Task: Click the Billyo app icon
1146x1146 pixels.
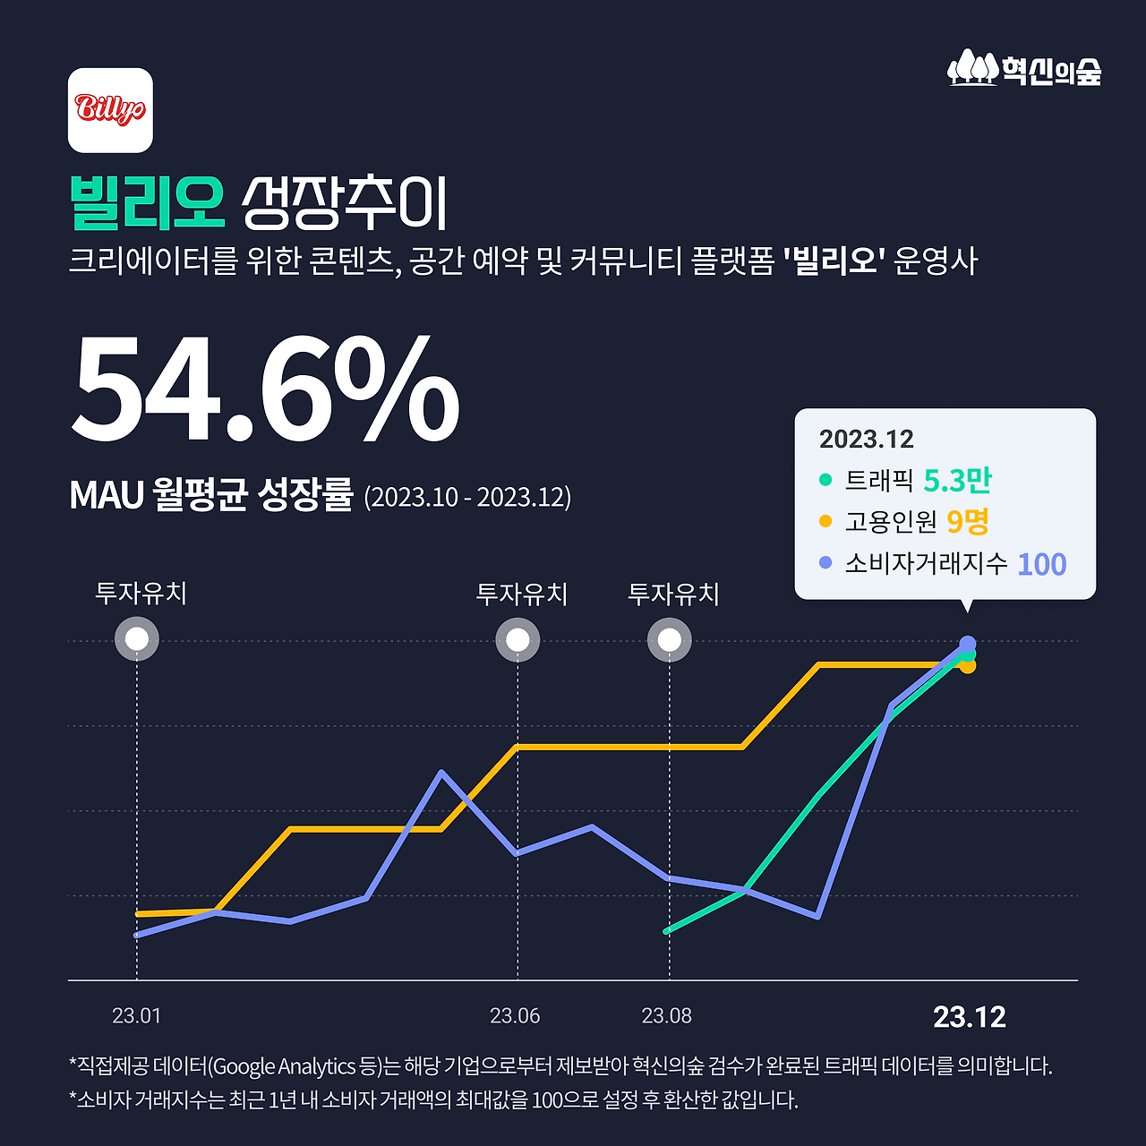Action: click(x=110, y=110)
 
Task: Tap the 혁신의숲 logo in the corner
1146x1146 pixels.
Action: click(x=1024, y=70)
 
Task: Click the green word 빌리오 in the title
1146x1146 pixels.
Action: click(x=147, y=203)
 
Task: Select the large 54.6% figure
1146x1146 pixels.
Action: click(x=265, y=389)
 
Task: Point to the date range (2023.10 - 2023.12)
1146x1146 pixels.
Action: click(x=467, y=497)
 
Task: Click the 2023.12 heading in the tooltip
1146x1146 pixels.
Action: click(x=866, y=440)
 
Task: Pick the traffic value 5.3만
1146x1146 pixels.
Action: click(x=957, y=481)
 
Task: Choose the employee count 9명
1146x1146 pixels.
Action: click(x=967, y=521)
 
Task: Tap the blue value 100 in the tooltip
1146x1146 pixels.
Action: click(x=1041, y=565)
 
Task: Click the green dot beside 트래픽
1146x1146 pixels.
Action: click(x=825, y=480)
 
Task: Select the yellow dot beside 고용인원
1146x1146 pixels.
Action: click(x=825, y=521)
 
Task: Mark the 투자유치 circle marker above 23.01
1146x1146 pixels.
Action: click(x=137, y=640)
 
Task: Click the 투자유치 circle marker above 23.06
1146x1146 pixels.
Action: click(x=517, y=640)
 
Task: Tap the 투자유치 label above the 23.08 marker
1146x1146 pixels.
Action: click(x=673, y=594)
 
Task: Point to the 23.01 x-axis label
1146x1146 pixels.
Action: click(x=136, y=1016)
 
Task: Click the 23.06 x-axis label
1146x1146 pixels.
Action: click(x=515, y=1016)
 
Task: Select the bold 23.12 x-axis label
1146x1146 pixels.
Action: click(x=969, y=1017)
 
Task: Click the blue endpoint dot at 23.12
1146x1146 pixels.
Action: click(x=968, y=643)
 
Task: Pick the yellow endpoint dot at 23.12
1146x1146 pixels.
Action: click(x=968, y=666)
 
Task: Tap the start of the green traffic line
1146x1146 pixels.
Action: click(x=667, y=931)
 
